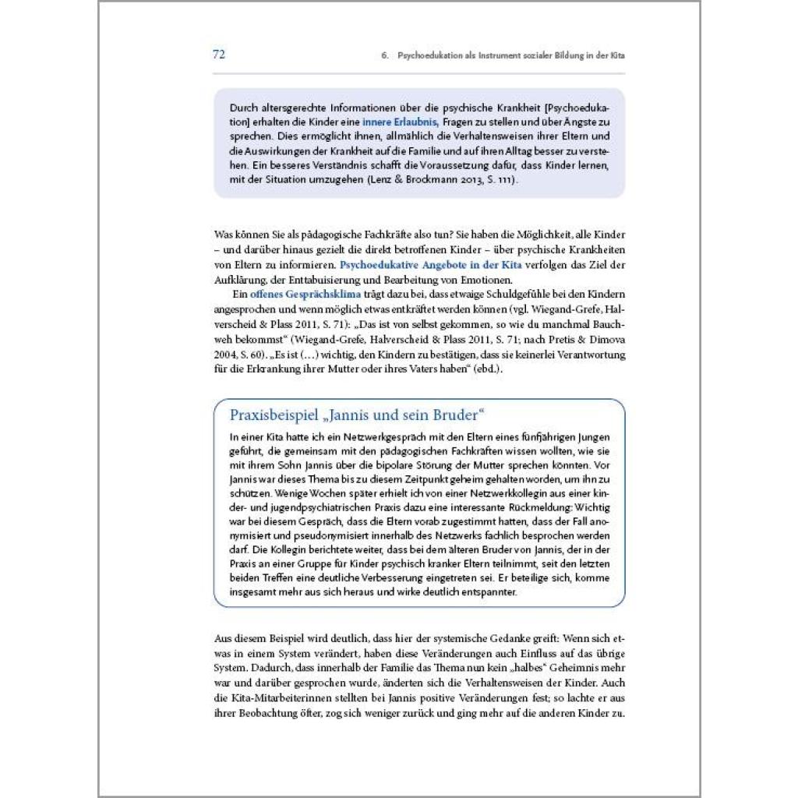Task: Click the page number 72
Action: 219,55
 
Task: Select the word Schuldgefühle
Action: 489,294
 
